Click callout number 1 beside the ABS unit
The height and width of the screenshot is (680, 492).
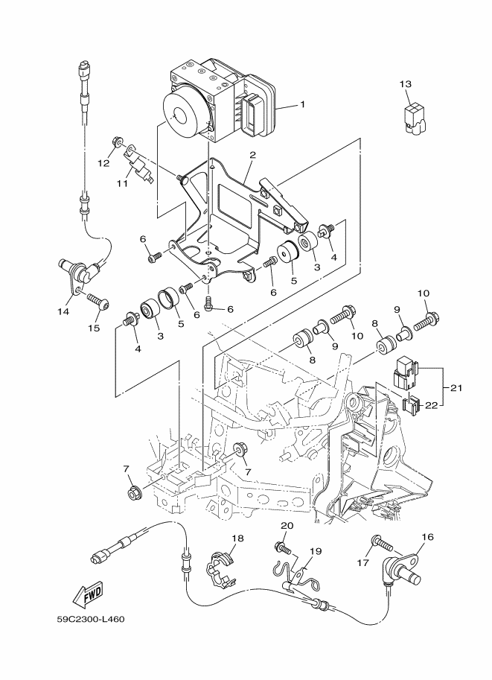302,105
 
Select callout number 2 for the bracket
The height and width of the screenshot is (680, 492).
252,156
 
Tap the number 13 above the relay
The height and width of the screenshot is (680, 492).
404,84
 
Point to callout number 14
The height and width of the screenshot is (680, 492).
63,311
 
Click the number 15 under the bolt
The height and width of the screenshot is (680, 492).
94,328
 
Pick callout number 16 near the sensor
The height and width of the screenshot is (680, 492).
427,536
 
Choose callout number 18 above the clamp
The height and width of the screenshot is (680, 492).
237,538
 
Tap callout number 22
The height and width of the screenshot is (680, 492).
429,405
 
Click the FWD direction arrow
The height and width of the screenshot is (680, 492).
88,594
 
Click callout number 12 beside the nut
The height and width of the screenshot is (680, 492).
103,163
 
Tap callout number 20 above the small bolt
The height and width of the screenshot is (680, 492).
287,527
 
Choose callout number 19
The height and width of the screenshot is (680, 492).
315,552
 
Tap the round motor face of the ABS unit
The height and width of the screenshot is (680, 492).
178,115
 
